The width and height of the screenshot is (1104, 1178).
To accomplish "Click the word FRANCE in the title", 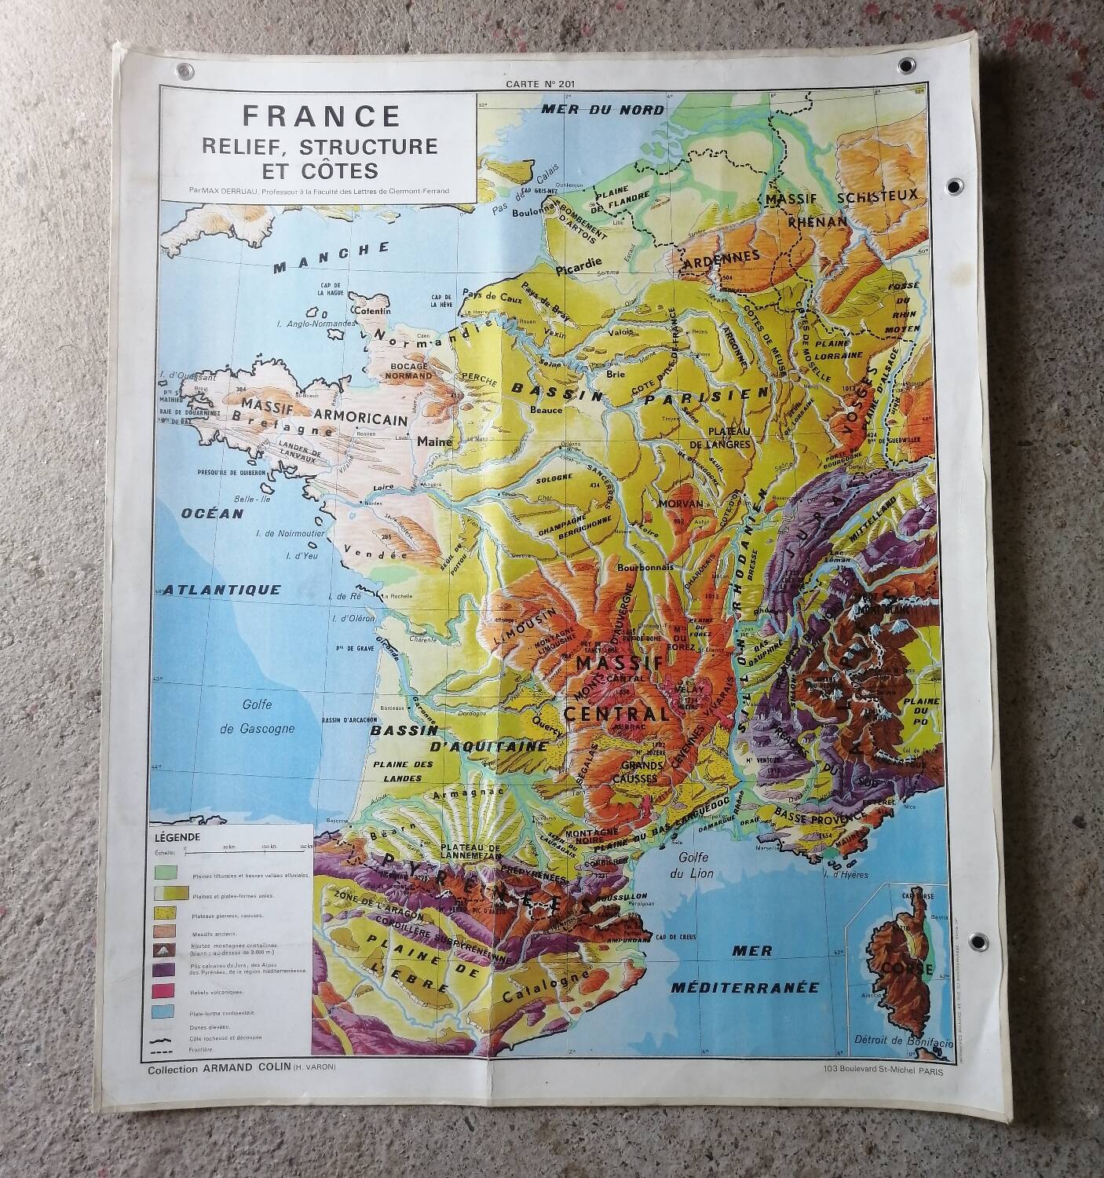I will (x=321, y=116).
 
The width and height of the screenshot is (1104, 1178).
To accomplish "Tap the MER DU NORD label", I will (x=603, y=109).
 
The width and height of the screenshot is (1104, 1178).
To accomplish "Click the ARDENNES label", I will (x=722, y=257).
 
